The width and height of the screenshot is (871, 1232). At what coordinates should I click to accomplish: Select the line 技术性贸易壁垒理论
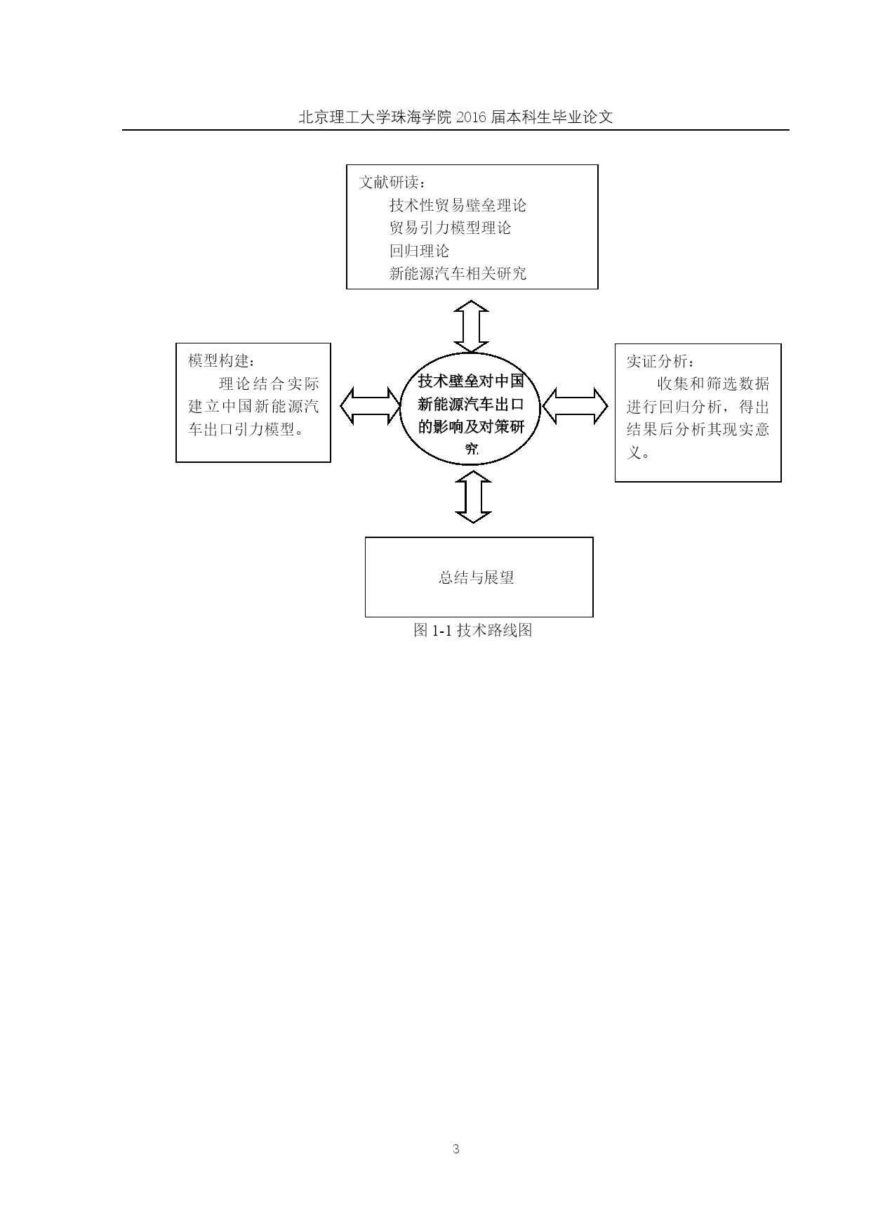coord(458,205)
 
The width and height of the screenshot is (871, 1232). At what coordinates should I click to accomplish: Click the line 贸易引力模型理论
coord(450,228)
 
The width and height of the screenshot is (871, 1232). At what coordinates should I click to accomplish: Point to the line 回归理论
coord(419,251)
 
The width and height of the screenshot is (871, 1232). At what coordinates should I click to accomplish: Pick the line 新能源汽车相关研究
coord(458,273)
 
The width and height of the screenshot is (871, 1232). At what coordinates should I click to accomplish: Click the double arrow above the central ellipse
coord(471,327)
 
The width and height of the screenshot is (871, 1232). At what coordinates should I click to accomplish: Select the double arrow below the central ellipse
coord(474,497)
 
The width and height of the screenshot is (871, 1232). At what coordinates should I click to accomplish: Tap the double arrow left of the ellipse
coord(370,406)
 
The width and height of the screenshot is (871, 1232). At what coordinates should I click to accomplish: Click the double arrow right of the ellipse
coord(576,406)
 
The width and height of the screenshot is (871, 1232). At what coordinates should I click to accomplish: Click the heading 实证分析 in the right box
coord(656,361)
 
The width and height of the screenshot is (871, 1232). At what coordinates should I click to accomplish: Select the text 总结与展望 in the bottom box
coord(477,577)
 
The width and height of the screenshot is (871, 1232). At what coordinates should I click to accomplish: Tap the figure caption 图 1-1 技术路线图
coord(472,630)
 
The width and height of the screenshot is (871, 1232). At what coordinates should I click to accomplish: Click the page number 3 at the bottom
coord(456,1149)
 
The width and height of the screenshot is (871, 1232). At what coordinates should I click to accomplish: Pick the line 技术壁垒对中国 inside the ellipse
coord(471,381)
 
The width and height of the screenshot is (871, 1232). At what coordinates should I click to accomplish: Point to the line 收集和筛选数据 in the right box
coord(713,384)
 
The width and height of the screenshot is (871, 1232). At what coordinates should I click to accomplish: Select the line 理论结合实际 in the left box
coord(269,384)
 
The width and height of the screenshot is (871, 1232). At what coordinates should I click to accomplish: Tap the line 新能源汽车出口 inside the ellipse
coord(471,404)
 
